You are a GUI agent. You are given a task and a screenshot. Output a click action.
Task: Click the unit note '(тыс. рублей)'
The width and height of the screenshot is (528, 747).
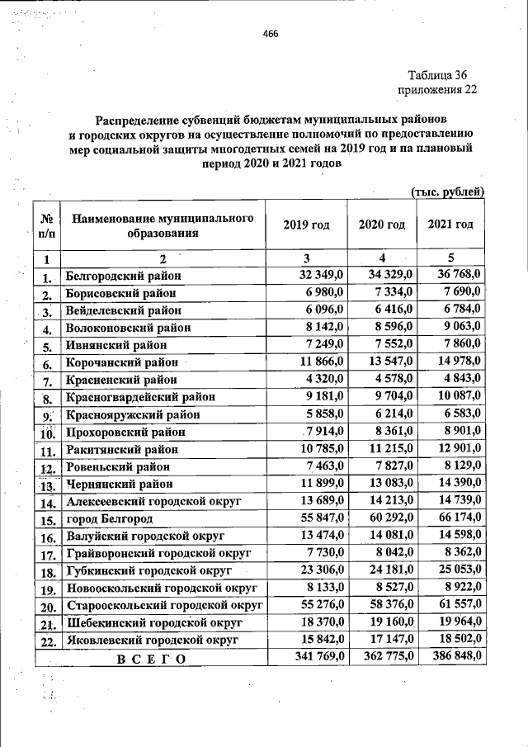pyautogui.click(x=447, y=191)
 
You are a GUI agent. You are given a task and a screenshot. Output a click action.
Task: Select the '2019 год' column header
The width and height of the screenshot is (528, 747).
pyautogui.click(x=306, y=225)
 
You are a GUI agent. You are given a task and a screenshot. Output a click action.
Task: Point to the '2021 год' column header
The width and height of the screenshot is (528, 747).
pyautogui.click(x=450, y=225)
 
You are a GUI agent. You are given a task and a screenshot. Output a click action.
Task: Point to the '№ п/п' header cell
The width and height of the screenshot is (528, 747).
pyautogui.click(x=48, y=225)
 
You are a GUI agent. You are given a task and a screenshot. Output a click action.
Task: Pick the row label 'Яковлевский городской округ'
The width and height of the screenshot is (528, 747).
pyautogui.click(x=152, y=640)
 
